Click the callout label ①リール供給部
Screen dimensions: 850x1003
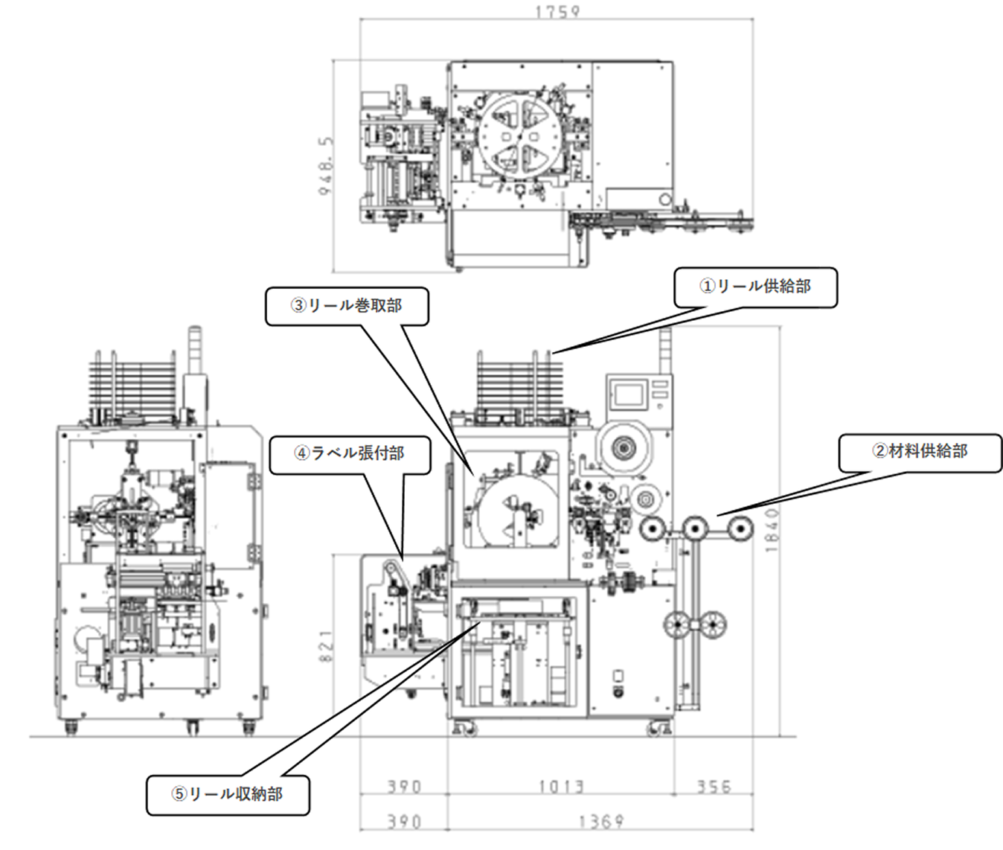point(754,287)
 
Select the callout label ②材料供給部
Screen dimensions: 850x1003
point(920,451)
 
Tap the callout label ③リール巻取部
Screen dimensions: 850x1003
point(347,306)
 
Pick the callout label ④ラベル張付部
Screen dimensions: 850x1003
point(350,453)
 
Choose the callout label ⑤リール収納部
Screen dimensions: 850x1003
point(228,794)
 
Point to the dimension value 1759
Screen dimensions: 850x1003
point(557,11)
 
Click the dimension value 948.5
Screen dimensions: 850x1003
point(326,165)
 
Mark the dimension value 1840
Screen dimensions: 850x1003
point(772,530)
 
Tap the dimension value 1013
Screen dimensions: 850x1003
point(562,786)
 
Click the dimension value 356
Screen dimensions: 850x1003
point(714,786)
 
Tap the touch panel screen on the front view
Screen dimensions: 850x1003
point(629,394)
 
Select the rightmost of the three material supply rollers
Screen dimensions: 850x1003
point(740,528)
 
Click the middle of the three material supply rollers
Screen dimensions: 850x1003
point(696,528)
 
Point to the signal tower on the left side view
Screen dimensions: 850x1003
point(195,350)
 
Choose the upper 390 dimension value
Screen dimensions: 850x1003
point(404,786)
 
